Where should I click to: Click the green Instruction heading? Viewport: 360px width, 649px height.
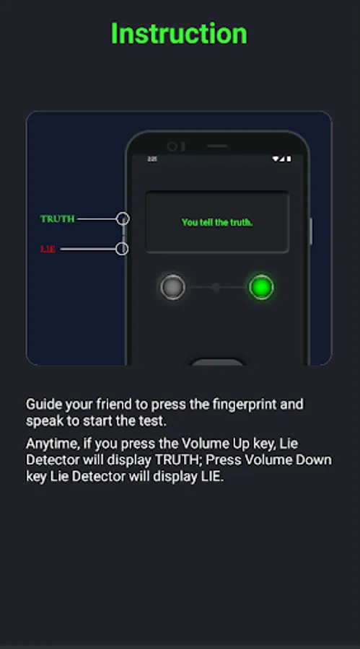(179, 33)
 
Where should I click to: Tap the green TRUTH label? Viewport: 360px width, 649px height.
(57, 218)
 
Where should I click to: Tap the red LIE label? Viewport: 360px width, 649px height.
(48, 249)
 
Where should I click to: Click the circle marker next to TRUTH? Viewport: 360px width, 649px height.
(123, 218)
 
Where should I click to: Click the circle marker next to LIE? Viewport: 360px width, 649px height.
(122, 249)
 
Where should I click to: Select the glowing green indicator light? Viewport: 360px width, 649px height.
(261, 287)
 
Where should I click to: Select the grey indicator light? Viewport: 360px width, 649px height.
(172, 287)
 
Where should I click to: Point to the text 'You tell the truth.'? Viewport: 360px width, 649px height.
(217, 222)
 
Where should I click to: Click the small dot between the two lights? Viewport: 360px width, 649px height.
(216, 287)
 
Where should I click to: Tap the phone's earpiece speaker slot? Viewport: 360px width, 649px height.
(217, 146)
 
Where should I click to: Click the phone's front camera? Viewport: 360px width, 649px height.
(172, 146)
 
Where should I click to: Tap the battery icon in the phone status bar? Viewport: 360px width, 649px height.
(289, 159)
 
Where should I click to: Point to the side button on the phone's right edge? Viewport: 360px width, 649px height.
(311, 231)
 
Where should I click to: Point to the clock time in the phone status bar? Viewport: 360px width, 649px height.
(152, 159)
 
